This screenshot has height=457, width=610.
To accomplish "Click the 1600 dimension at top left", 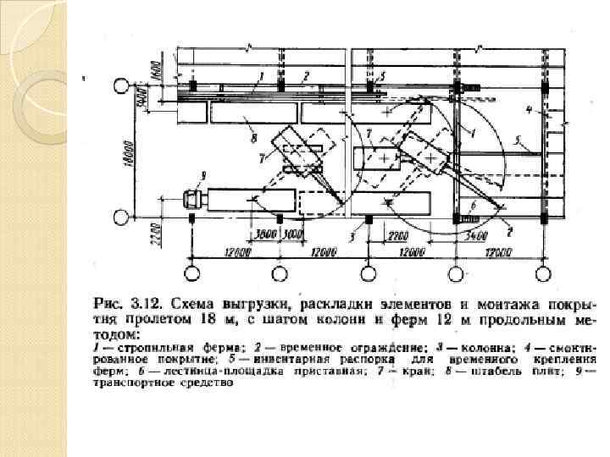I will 155,71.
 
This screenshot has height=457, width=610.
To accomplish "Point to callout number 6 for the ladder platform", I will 472,204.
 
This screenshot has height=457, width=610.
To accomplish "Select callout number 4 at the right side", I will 528,110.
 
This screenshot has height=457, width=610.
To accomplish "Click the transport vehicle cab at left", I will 194,201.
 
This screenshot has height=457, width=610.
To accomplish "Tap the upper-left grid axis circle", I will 122,86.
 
